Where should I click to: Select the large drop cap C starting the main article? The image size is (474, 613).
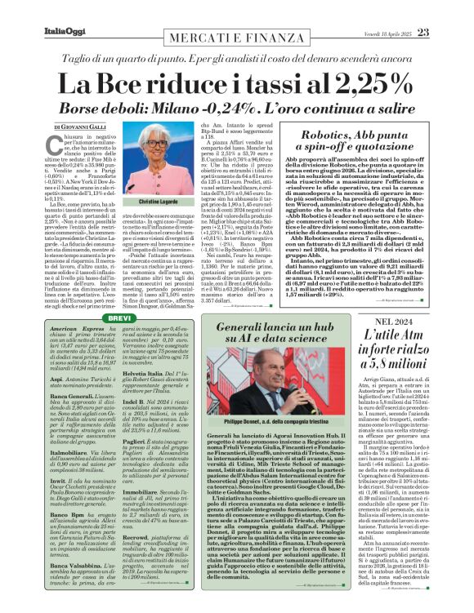click(59, 144)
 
